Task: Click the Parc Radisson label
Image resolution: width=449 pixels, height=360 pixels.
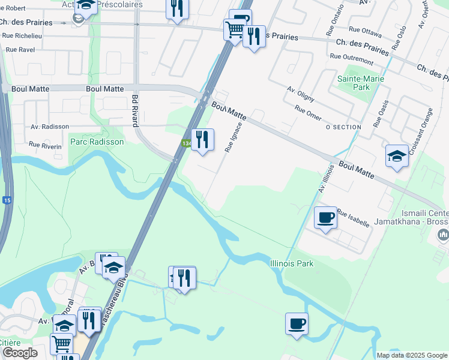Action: (x=97, y=142)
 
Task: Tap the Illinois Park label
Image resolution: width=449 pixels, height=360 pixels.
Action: (x=292, y=263)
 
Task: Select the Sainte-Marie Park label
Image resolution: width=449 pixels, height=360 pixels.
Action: (x=361, y=83)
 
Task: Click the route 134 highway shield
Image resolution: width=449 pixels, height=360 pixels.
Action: (x=186, y=143)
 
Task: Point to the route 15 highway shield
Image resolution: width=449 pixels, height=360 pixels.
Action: (x=6, y=200)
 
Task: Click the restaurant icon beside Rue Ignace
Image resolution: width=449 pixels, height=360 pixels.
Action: (x=202, y=140)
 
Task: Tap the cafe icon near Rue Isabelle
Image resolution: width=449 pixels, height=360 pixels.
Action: (x=325, y=217)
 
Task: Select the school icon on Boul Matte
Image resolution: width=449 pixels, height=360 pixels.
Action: (x=397, y=156)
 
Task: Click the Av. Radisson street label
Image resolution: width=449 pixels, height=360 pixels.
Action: (x=50, y=127)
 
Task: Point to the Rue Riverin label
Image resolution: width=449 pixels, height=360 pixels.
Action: (x=46, y=145)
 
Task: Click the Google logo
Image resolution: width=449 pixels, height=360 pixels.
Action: (x=20, y=353)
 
